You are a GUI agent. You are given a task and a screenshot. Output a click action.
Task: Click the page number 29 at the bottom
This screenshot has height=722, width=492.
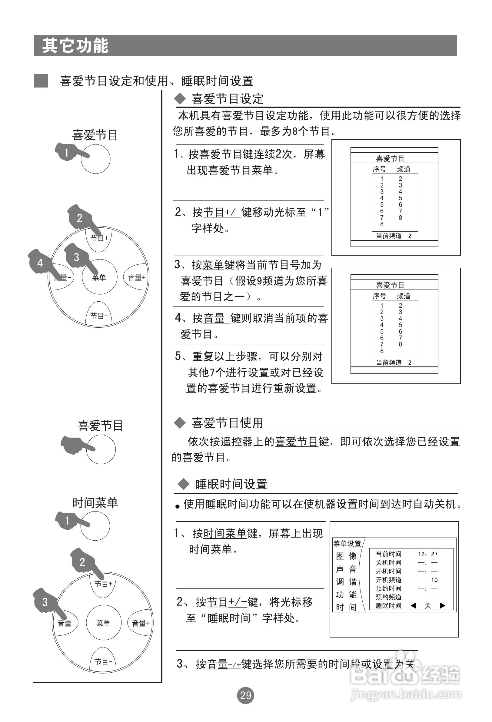pos(245,695)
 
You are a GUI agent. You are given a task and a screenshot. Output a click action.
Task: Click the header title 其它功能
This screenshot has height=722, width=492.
pos(75,46)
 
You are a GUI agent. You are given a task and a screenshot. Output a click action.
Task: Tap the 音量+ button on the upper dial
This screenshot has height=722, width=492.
pos(136,277)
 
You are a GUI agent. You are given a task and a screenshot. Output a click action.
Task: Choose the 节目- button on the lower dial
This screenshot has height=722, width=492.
pos(103,662)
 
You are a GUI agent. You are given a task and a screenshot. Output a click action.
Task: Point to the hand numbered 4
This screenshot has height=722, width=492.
pos(40,263)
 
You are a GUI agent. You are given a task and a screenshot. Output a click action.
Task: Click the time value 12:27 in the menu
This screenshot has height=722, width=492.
pos(428,554)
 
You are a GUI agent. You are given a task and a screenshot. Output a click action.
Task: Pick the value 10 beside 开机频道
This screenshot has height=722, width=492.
pos(434,580)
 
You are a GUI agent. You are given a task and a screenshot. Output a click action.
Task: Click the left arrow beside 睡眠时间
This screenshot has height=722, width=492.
pos(413,605)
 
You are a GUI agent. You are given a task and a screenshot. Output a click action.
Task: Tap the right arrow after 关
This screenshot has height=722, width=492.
pos(443,605)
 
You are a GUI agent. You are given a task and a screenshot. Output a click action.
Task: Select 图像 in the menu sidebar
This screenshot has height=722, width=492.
pos(346,556)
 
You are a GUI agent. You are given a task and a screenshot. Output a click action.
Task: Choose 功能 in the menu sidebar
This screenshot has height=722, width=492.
pos(346,594)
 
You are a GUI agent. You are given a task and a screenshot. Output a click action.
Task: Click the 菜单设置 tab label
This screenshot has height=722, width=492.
pos(347,543)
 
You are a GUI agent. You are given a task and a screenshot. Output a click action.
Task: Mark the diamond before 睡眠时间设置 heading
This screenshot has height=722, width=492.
pos(183,484)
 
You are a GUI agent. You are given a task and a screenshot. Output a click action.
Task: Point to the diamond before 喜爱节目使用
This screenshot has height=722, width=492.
pos(180,423)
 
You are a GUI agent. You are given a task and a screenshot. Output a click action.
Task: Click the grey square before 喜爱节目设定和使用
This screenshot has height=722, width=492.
pos(41,81)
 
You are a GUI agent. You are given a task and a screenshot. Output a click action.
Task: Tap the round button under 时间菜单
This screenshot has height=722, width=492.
pos(95,526)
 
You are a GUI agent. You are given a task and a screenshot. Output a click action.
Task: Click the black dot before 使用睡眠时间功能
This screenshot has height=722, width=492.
pos(178,507)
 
